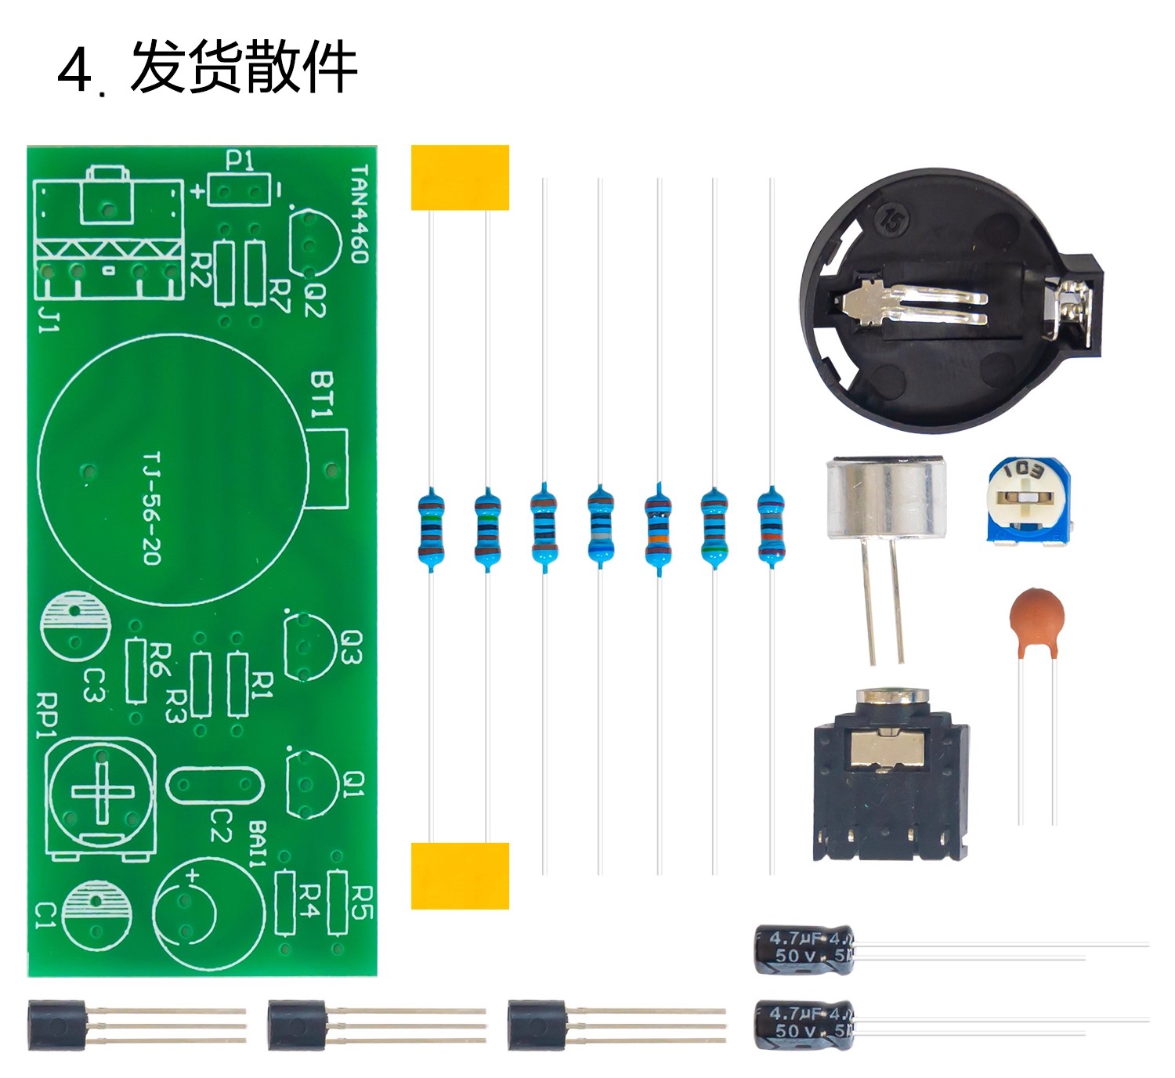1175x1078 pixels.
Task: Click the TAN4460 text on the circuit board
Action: (x=359, y=214)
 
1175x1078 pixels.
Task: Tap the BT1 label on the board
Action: (x=322, y=394)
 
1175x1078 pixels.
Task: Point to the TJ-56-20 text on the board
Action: (x=151, y=508)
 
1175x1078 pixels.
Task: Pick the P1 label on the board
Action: (x=240, y=161)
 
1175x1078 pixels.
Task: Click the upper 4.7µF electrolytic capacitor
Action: (x=804, y=948)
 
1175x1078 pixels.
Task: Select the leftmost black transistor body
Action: (x=56, y=1025)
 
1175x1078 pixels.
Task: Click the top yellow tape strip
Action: (x=460, y=177)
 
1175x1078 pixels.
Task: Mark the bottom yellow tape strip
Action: (x=460, y=876)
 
